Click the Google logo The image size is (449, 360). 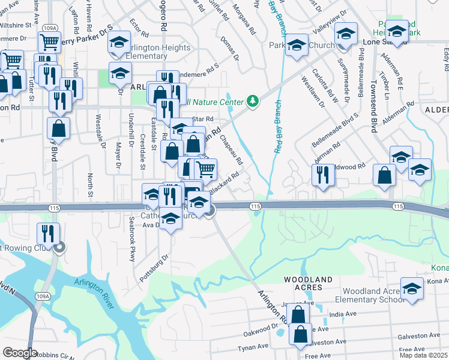(20, 352)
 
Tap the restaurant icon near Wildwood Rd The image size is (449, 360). (323, 175)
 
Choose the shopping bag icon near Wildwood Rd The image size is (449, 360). (384, 175)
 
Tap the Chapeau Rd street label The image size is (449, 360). (232, 149)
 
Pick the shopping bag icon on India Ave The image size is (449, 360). (298, 314)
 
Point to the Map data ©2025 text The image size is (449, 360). (424, 355)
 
